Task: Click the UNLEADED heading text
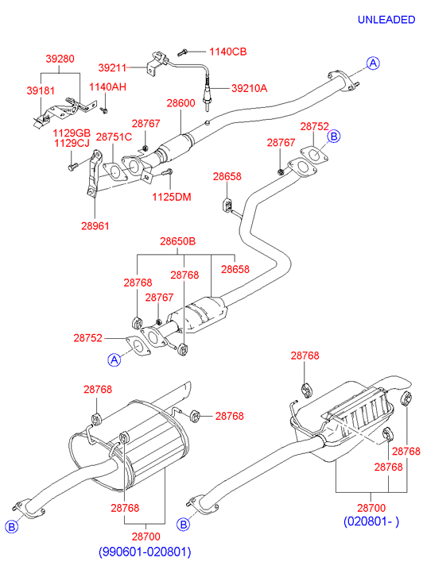point(386,20)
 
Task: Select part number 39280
point(60,59)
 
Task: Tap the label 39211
point(112,67)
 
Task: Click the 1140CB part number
point(228,52)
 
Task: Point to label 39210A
point(250,88)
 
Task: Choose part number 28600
point(180,103)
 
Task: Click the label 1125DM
point(172,198)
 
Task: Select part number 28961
point(95,226)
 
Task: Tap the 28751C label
point(114,137)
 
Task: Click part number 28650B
point(178,241)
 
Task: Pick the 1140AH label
point(107,87)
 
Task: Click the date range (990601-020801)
point(145,552)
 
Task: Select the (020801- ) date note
point(371,521)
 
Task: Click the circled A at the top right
point(373,63)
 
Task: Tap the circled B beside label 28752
point(334,137)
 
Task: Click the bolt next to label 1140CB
point(183,52)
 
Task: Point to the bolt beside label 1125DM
point(167,172)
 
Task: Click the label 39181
point(41,90)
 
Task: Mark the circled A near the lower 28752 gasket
point(114,360)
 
